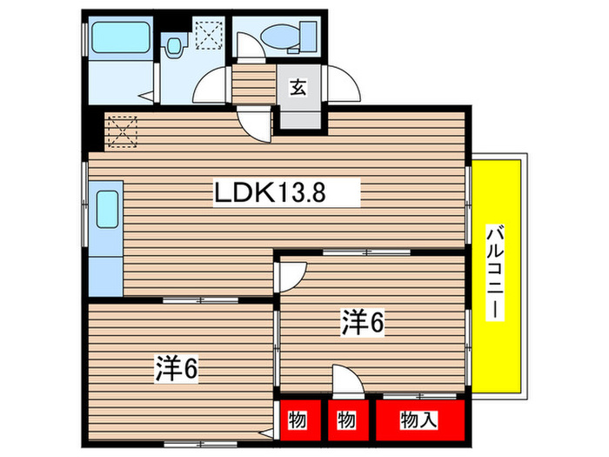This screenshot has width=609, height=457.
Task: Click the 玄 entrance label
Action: coord(298,87)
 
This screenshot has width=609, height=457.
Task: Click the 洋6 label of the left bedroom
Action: coord(177,370)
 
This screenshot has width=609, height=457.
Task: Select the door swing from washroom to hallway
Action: coord(211,87)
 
